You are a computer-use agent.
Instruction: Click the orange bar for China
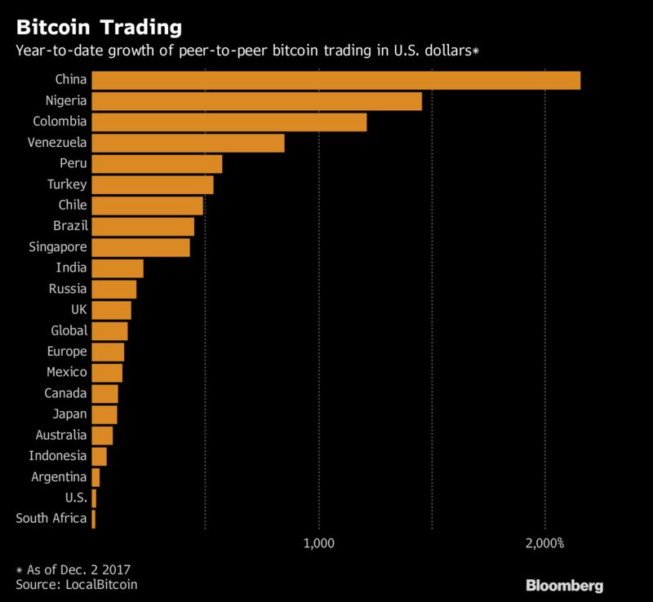(335, 80)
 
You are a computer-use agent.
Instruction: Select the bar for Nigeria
(256, 101)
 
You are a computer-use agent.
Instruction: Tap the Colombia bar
(229, 122)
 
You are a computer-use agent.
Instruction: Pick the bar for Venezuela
(188, 143)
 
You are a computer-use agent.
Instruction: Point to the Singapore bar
(140, 247)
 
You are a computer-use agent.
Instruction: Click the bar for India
(118, 268)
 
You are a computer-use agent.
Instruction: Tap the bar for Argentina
(96, 477)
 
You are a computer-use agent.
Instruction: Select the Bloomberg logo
(563, 585)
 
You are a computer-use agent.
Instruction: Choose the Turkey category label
(67, 184)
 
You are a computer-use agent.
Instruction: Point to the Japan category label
(69, 414)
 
